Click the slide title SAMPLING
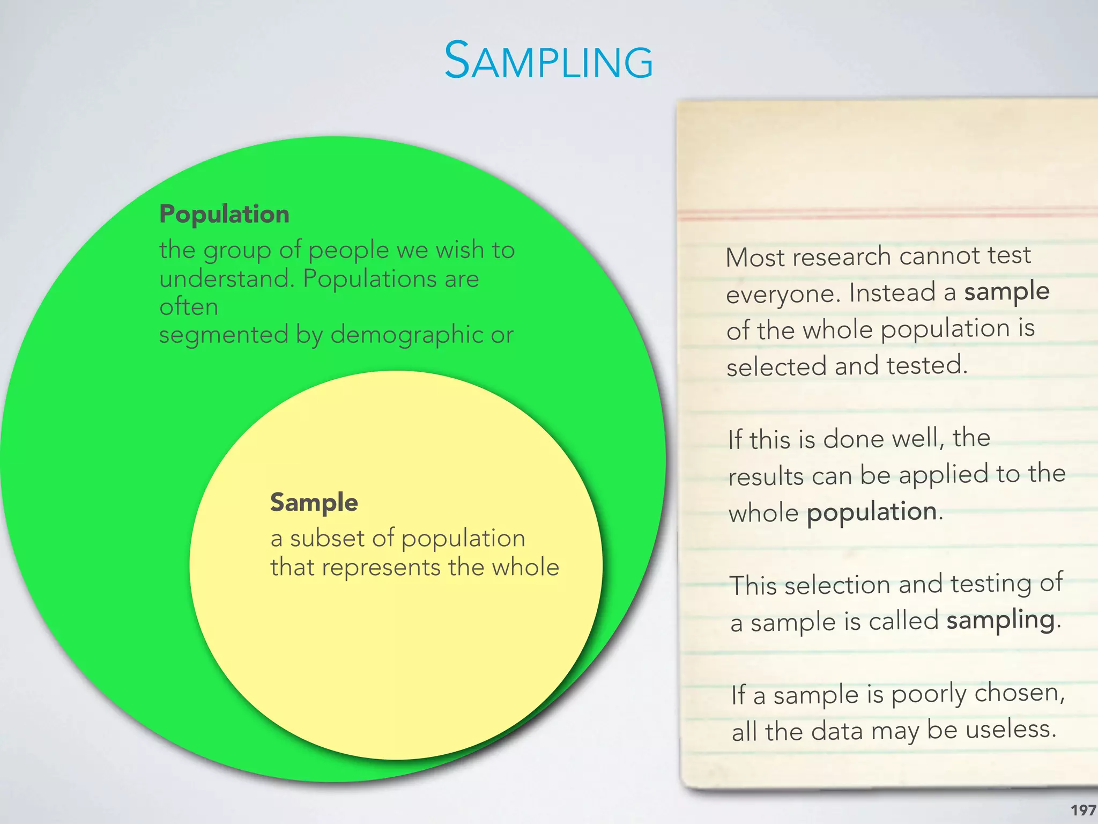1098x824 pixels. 548,61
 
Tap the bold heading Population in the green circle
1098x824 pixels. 224,214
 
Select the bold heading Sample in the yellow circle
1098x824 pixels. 314,503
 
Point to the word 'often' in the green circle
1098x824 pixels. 189,307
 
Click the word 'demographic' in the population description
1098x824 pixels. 406,335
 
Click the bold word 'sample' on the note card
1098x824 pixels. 1006,292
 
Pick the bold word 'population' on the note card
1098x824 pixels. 872,512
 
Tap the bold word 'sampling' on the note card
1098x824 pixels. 1000,620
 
